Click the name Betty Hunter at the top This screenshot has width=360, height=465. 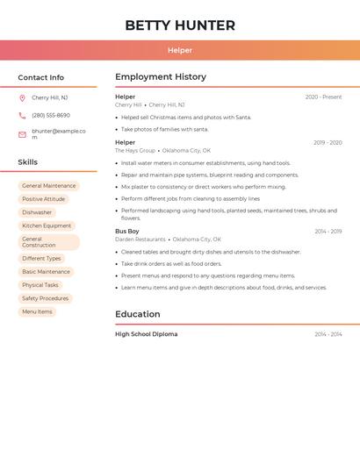180,25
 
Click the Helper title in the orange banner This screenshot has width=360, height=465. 180,50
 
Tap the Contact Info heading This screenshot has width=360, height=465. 41,77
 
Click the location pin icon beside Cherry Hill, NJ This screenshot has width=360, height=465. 22,98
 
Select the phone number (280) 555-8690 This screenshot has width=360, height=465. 51,115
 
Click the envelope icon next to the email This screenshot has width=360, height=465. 22,134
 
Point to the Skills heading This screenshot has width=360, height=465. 28,162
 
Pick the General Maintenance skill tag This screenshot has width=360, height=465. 49,186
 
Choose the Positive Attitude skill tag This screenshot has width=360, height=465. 44,199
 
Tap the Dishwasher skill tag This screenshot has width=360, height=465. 37,212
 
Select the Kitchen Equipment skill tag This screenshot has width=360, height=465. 47,225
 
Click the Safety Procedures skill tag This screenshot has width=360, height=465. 46,298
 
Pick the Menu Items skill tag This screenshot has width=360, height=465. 37,311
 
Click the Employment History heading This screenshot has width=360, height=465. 161,77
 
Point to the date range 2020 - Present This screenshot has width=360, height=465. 323,97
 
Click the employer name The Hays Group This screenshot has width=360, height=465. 135,150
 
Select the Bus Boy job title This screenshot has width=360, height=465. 127,232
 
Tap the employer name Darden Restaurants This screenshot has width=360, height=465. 140,240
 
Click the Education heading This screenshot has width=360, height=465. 138,314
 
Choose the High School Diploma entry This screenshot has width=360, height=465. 146,334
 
